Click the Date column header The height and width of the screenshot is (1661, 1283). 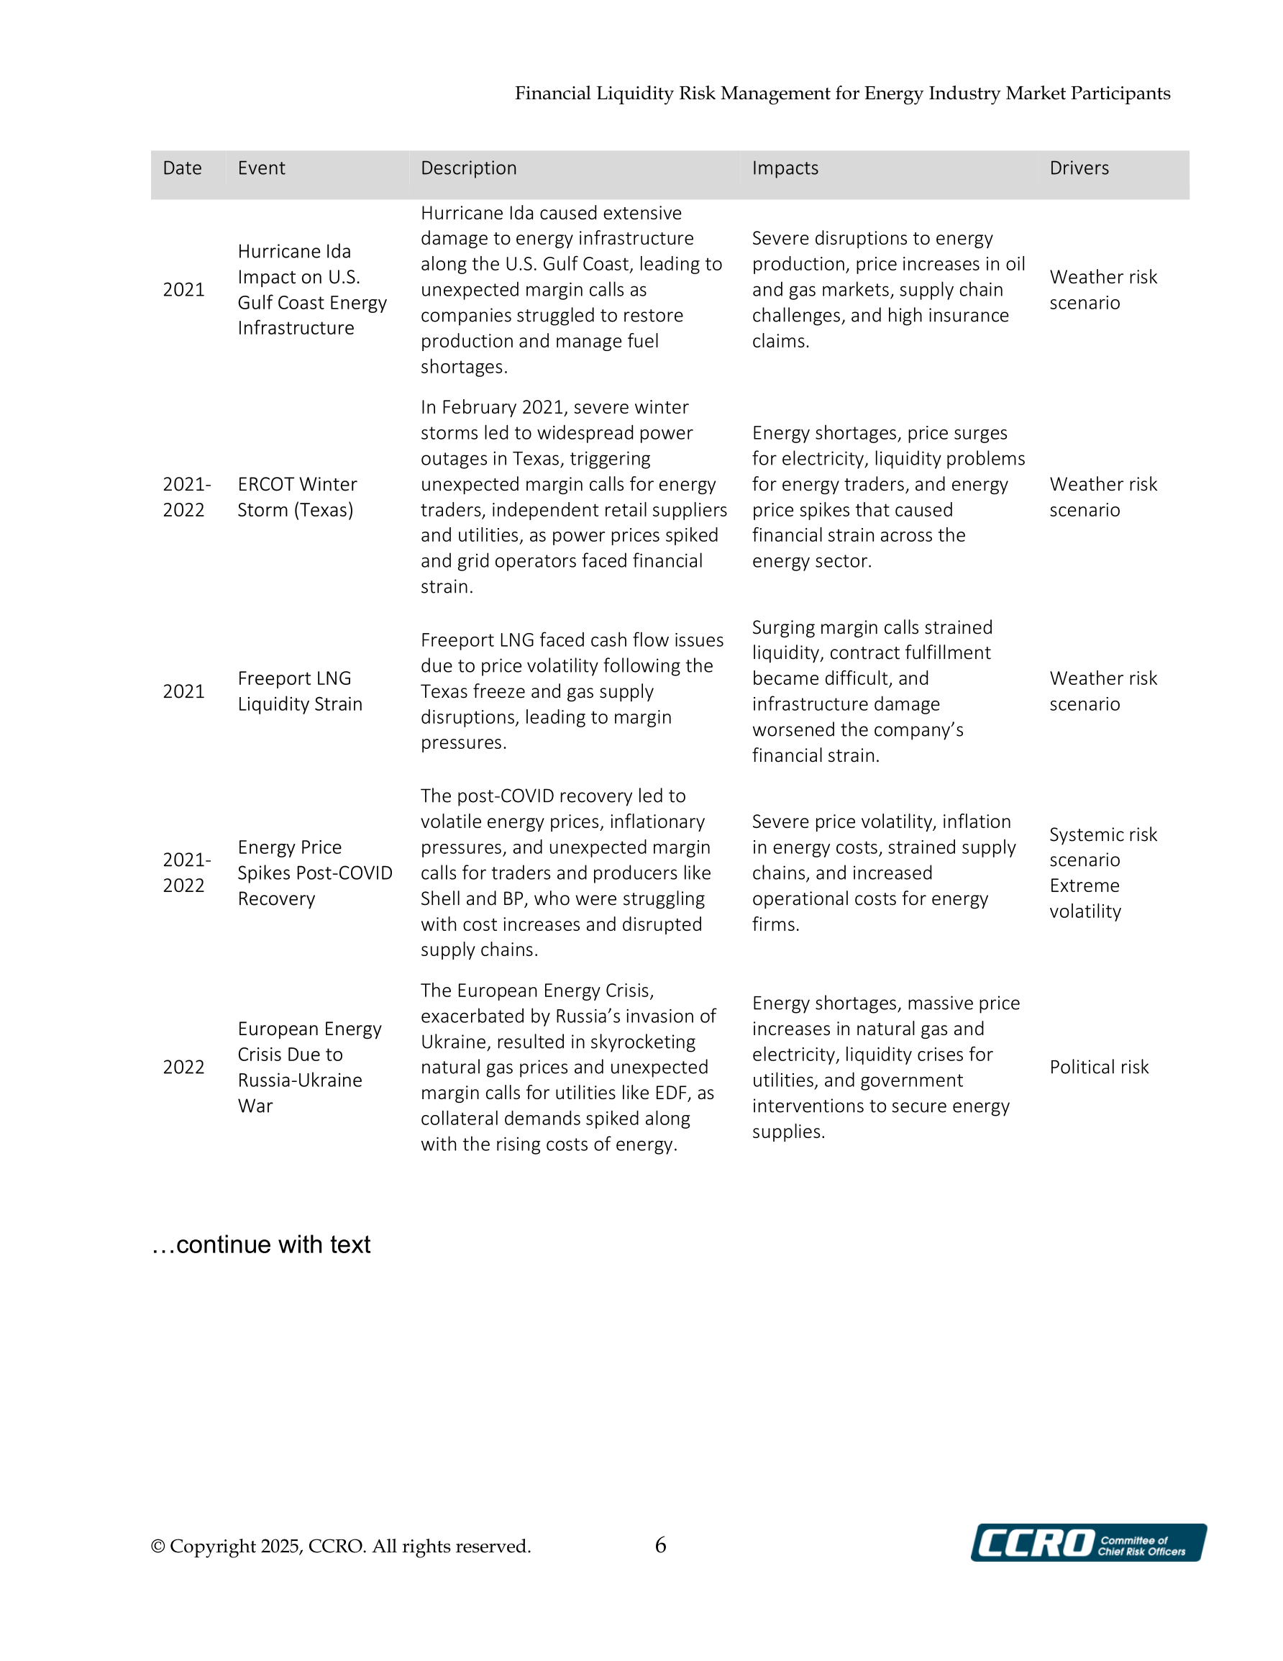point(182,168)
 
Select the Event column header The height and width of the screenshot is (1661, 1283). point(261,168)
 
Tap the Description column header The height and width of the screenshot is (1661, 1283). point(468,168)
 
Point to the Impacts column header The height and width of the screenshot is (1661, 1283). point(785,168)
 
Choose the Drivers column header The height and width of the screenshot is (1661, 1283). point(1079,168)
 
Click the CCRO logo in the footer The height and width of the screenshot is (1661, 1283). point(1087,1543)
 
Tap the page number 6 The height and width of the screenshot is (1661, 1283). point(660,1544)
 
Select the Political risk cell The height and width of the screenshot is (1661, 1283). point(1098,1067)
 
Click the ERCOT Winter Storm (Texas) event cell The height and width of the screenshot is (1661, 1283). point(296,496)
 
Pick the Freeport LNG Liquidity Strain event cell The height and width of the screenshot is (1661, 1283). point(300,691)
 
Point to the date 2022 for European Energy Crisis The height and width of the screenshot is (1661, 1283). point(183,1067)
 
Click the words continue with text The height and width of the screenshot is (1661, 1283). point(273,1244)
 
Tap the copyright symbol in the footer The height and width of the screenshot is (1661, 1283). point(158,1546)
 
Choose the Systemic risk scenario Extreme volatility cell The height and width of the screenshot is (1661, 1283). point(1102,873)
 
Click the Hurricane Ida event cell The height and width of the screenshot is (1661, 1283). point(312,289)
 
